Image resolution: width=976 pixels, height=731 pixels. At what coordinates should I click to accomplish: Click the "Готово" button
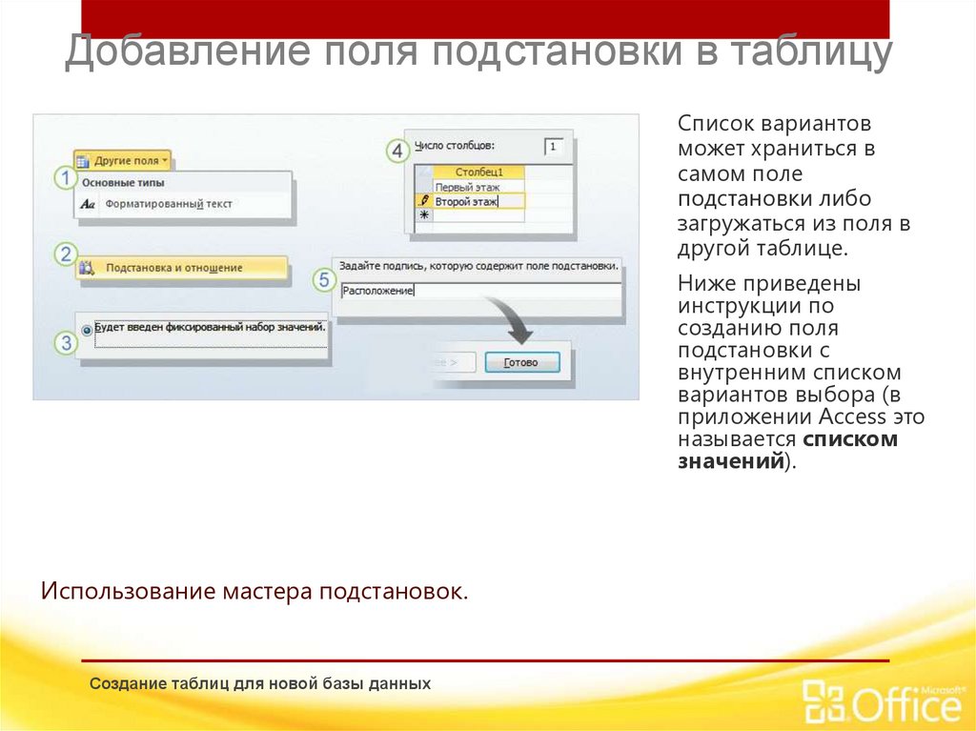pyautogui.click(x=521, y=362)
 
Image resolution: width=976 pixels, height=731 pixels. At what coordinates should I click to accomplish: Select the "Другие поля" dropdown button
pyautogui.click(x=123, y=161)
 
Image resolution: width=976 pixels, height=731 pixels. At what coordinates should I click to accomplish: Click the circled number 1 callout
pyautogui.click(x=65, y=177)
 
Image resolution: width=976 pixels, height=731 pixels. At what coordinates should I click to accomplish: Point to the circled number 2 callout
pyautogui.click(x=65, y=254)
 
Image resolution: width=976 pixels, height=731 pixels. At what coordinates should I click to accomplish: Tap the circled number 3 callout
pyautogui.click(x=65, y=343)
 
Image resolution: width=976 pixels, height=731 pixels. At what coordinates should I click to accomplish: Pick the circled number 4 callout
pyautogui.click(x=398, y=151)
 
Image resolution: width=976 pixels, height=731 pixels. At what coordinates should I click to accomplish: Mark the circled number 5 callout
pyautogui.click(x=325, y=280)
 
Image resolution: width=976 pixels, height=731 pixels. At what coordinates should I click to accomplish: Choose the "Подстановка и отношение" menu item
pyautogui.click(x=173, y=269)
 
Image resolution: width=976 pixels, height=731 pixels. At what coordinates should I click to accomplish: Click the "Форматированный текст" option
pyautogui.click(x=169, y=204)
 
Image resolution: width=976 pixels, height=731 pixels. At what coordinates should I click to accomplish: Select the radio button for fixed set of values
pyautogui.click(x=88, y=329)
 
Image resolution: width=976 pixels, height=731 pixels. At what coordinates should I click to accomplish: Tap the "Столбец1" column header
pyautogui.click(x=478, y=173)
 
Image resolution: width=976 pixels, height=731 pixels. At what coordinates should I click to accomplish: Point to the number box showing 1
pyautogui.click(x=554, y=147)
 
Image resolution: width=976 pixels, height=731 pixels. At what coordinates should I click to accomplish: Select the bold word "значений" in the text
pyautogui.click(x=730, y=461)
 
